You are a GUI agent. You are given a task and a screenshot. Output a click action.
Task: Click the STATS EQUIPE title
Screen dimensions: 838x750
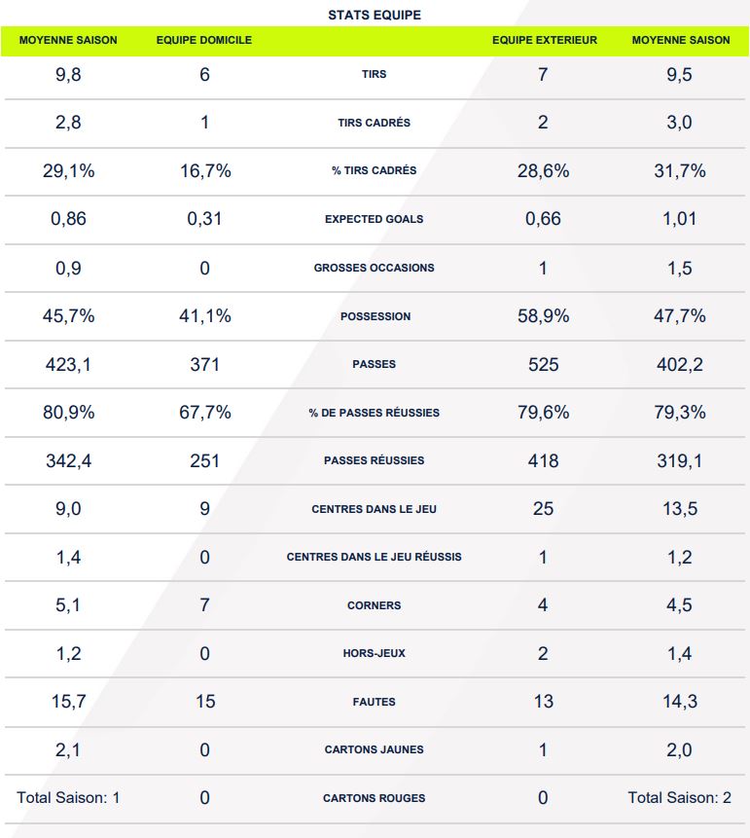click(x=375, y=16)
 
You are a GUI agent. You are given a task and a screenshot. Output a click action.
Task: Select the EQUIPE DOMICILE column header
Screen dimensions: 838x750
click(x=204, y=41)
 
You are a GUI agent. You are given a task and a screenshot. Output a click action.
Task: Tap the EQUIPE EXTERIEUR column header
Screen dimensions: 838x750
click(x=545, y=41)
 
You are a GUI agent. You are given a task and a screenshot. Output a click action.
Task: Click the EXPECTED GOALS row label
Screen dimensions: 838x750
click(x=375, y=219)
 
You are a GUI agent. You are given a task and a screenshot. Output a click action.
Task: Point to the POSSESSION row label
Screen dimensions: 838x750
click(x=375, y=316)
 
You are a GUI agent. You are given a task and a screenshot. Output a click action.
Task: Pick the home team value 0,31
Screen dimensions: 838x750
click(x=204, y=219)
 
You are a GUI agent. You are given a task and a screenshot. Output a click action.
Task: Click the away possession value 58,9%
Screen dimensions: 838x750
click(x=543, y=316)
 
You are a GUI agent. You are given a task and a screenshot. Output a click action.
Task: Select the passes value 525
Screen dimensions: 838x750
click(x=543, y=364)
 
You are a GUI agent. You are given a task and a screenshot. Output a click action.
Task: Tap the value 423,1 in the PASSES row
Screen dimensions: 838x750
click(x=68, y=364)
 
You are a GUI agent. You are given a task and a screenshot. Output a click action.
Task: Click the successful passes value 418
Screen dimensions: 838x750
click(x=543, y=460)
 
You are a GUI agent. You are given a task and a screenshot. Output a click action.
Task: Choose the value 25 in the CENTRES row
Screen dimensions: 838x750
click(x=543, y=509)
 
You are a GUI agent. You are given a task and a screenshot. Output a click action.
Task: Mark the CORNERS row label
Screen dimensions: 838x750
click(x=375, y=605)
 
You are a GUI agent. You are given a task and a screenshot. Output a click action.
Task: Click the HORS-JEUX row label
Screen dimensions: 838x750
click(x=375, y=653)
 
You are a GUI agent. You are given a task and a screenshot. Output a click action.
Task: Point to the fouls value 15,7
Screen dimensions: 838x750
click(x=68, y=702)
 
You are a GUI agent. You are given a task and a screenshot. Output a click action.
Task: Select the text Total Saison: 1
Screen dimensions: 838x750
click(x=68, y=798)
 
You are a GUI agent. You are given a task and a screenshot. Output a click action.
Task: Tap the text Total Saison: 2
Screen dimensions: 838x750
click(x=680, y=798)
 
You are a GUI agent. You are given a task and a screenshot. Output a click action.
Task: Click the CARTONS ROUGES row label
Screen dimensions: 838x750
click(x=375, y=798)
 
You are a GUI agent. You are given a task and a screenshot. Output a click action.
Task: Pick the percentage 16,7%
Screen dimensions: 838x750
click(x=204, y=171)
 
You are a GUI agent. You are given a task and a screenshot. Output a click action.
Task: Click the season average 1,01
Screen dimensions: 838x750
click(x=680, y=219)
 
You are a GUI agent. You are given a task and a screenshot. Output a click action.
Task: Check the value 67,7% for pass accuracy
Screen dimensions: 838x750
click(x=204, y=413)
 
